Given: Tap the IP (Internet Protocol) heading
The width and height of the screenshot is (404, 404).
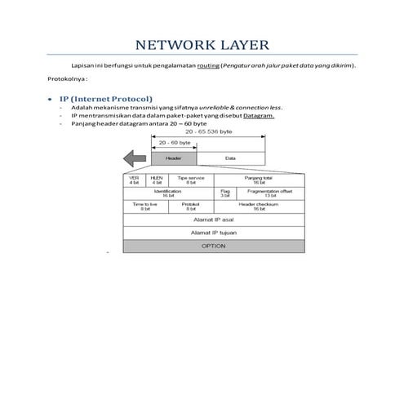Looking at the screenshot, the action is point(105,99).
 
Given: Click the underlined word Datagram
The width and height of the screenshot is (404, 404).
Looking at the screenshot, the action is point(258,115).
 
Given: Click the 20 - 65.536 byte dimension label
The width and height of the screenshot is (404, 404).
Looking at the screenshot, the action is point(209,131).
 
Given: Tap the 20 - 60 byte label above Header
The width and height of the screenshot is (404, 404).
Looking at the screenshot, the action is point(174,142).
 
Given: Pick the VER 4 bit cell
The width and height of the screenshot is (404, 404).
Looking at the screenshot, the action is point(134,180).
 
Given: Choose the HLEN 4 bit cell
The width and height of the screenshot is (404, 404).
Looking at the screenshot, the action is point(157,180).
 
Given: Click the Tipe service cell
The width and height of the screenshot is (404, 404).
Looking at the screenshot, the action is point(190,180).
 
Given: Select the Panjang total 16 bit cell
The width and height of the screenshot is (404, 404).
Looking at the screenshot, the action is point(257,180).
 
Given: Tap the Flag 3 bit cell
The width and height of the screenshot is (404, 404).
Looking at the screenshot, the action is point(224,193).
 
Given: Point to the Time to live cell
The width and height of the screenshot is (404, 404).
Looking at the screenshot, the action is point(144,206).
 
